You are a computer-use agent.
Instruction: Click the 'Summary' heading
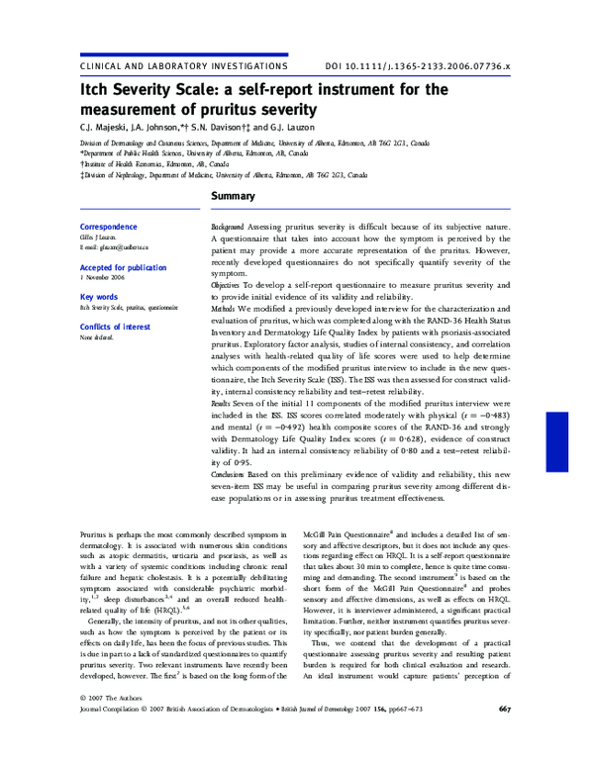point(234,197)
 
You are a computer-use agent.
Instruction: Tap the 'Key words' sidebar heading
point(98,297)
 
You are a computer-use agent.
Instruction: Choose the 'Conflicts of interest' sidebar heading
point(115,326)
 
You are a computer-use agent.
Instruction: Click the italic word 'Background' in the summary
point(228,228)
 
